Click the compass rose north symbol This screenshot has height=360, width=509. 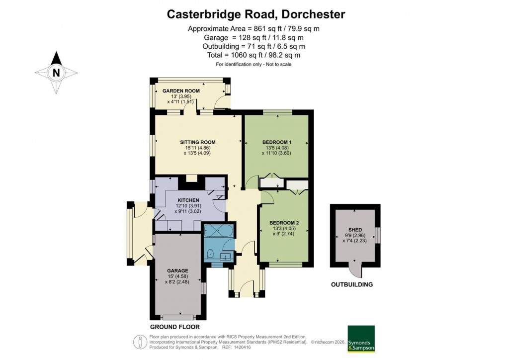click(56, 73)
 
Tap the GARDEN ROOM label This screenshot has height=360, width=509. click(181, 91)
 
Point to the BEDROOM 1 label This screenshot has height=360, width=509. click(277, 142)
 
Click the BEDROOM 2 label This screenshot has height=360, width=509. click(284, 223)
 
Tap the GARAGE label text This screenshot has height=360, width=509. click(177, 270)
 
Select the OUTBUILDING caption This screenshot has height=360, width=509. click(352, 285)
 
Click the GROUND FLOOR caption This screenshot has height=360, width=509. click(175, 327)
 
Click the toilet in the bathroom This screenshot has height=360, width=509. click(210, 253)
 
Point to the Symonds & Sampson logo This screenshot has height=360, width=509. click(361, 339)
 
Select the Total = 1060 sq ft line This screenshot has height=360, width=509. click(254, 55)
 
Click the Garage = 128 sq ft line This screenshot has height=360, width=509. click(254, 37)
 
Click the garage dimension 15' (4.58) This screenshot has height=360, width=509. click(177, 276)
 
